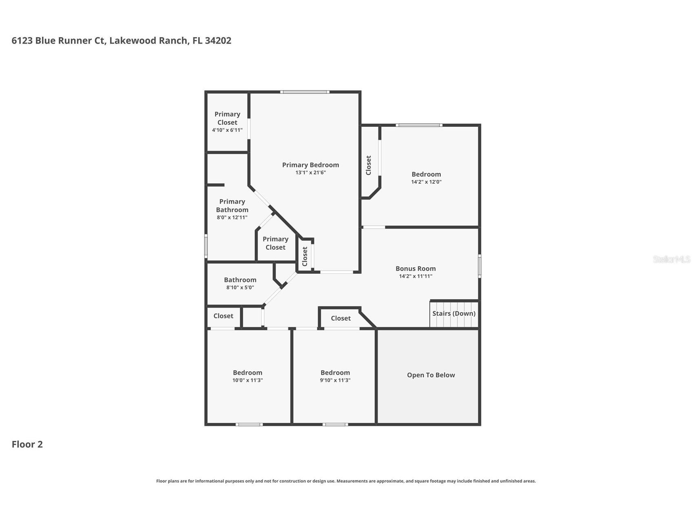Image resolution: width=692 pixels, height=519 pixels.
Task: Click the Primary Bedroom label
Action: point(310,165)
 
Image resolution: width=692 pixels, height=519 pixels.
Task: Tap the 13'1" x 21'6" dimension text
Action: point(310,173)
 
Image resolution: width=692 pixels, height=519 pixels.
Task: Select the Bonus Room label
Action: point(416,268)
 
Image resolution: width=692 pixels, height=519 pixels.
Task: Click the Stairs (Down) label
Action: point(454,313)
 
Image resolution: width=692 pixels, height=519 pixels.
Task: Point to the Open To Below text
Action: point(431,375)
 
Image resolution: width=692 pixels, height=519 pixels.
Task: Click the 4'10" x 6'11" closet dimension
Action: point(227,130)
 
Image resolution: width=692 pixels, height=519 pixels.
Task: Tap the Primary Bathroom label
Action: point(232,206)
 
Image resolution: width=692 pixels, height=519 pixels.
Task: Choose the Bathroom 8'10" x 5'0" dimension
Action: point(240,288)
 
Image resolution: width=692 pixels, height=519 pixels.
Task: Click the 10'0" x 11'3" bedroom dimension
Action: point(248,380)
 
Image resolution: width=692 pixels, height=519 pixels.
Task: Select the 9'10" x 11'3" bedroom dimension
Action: point(335,380)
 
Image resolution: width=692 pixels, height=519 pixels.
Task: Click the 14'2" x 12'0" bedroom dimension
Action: point(426,182)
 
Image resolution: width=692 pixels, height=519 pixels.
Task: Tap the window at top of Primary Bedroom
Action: point(305,92)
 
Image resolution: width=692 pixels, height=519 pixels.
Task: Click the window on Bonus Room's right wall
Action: point(480,266)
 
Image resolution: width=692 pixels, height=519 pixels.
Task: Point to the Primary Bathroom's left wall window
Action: point(206,246)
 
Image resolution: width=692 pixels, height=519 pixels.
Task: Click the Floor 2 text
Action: point(27,444)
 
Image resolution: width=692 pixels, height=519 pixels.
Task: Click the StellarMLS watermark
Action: point(671,259)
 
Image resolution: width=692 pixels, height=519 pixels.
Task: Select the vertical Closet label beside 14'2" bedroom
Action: point(369,165)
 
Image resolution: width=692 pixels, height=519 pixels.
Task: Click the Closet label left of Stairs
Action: point(340,318)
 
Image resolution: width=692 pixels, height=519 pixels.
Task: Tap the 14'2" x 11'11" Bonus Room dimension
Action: point(416,276)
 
